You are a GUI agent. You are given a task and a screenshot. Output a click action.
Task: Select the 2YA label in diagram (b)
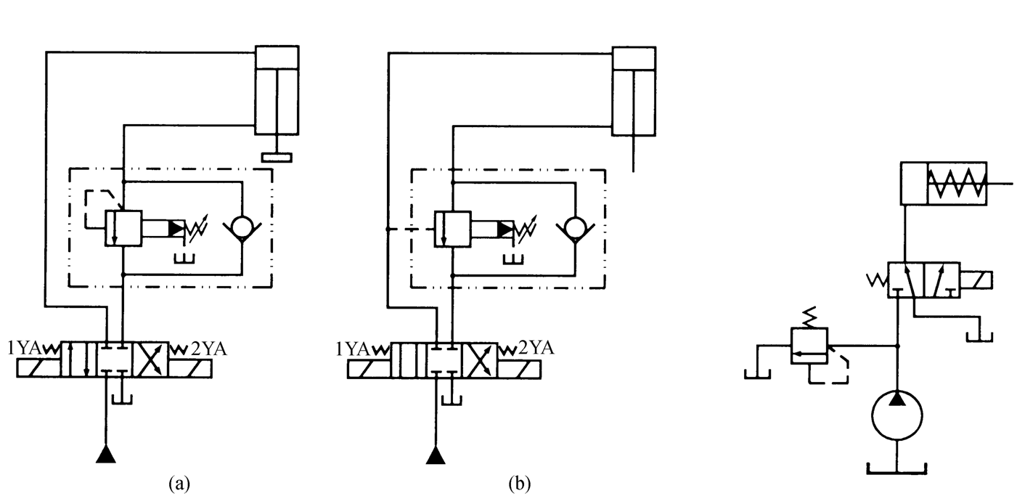pyautogui.click(x=537, y=348)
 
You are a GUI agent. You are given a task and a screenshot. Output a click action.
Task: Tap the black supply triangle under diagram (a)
pyautogui.click(x=107, y=455)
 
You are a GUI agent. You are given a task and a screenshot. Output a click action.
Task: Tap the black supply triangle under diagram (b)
pyautogui.click(x=436, y=455)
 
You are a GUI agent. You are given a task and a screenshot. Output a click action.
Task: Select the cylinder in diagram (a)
pyautogui.click(x=277, y=90)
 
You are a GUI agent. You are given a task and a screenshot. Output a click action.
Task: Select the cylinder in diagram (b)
pyautogui.click(x=634, y=92)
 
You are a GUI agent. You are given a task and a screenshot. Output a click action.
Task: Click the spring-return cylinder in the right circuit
pyautogui.click(x=943, y=184)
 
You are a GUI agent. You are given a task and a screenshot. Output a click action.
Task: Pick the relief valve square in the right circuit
pyautogui.click(x=809, y=344)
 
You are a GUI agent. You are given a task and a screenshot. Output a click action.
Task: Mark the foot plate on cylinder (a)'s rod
pyautogui.click(x=277, y=157)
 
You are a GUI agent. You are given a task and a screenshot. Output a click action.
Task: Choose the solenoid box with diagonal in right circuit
pyautogui.click(x=976, y=280)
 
